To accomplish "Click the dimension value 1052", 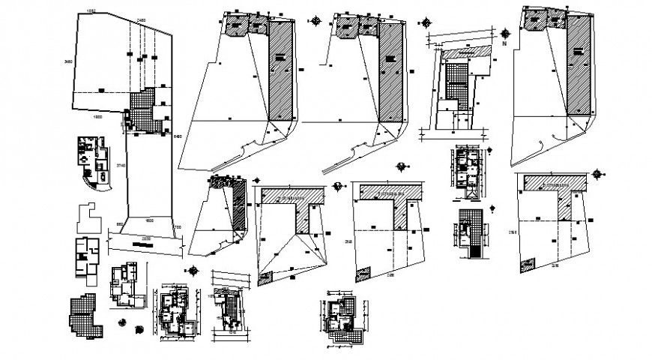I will [x=91, y=11].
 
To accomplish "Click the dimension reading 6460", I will [x=178, y=136].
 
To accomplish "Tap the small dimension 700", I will [x=178, y=226].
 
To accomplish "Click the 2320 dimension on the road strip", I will [x=145, y=238].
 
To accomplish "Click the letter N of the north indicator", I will [x=505, y=43].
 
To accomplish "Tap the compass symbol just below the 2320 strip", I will [x=194, y=271].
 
